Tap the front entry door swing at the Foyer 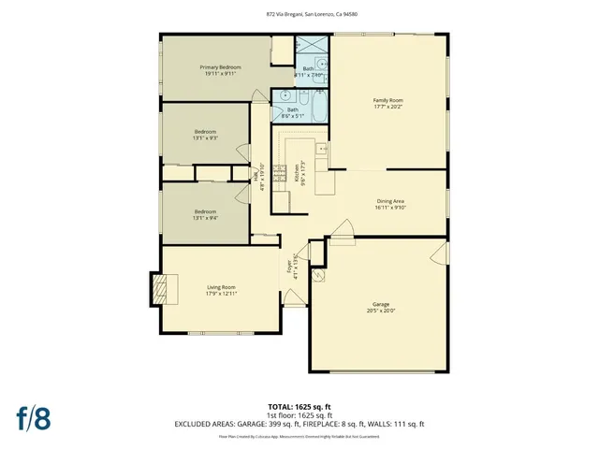tap(293, 298)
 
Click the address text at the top tap(299, 15)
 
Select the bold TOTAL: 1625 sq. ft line tap(299, 406)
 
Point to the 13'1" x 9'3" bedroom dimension tap(206, 138)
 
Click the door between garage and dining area tap(343, 229)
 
